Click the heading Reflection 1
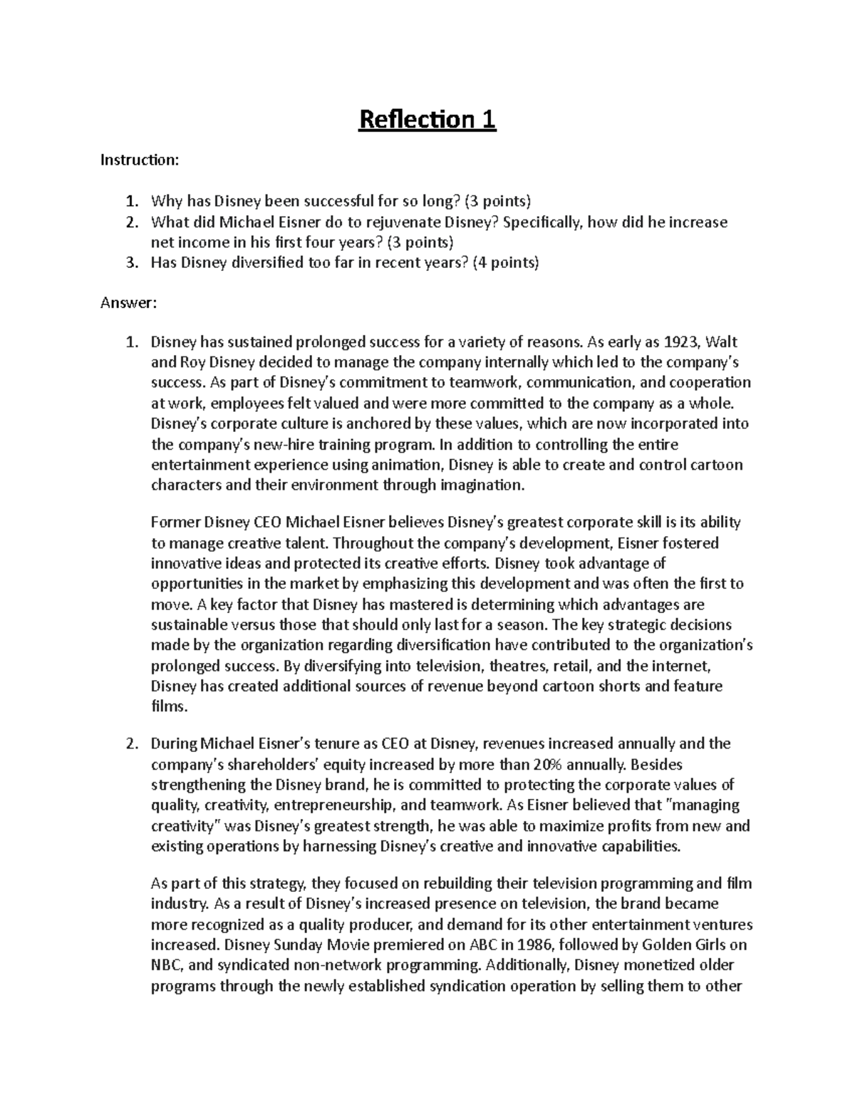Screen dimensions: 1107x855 coord(427,120)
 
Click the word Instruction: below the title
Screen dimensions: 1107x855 coord(139,160)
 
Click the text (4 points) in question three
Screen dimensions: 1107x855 coord(505,263)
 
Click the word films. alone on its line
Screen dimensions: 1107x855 coord(169,707)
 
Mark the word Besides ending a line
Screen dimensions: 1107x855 coord(657,764)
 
